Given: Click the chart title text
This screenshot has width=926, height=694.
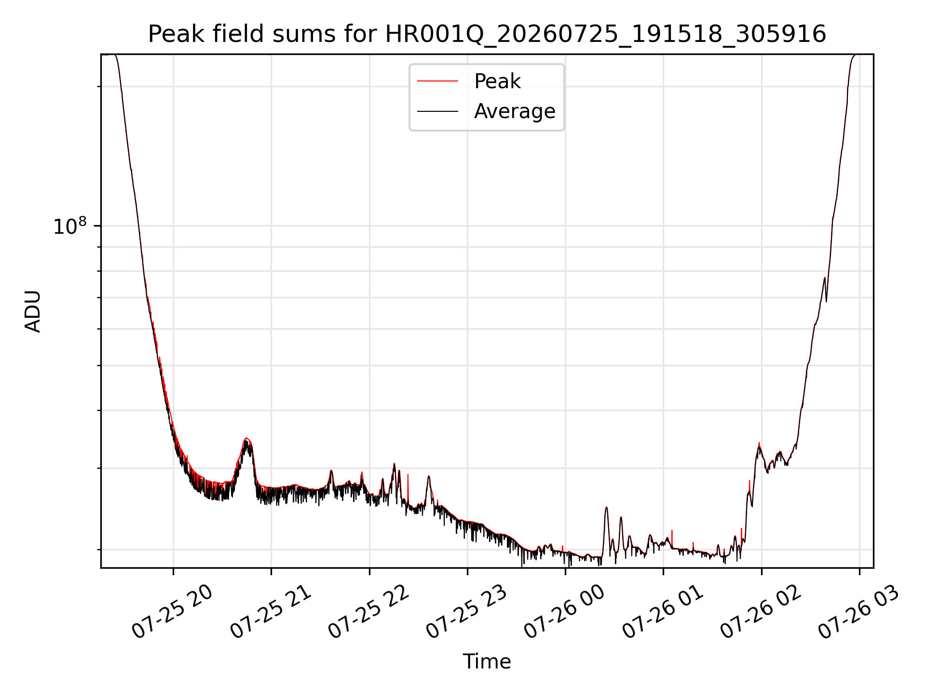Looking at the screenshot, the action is pos(487,34).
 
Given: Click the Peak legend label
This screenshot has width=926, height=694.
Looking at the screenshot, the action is pos(497,81).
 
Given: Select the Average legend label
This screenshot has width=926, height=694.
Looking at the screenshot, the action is pos(515,111).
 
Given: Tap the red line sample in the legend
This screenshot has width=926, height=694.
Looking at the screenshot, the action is pos(437,81).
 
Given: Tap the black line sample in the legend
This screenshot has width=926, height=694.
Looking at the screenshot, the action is pos(437,111).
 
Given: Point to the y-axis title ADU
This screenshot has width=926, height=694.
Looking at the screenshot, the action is pos(33,311).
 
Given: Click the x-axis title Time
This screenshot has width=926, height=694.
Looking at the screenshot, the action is pos(487,662).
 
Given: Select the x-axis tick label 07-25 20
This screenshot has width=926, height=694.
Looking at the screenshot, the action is pos(172,612).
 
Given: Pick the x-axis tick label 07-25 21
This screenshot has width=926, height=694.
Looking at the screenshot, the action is pos(271,612).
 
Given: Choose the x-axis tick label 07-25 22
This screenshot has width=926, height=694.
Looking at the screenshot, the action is pos(369,612).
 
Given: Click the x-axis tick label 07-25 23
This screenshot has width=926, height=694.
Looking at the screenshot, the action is pos(467,612).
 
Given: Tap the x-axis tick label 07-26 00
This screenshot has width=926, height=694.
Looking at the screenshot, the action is pos(565,612).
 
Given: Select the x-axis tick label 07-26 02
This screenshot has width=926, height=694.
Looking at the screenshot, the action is pos(761,612).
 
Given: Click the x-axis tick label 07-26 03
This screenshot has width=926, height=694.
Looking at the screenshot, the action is pos(859,612).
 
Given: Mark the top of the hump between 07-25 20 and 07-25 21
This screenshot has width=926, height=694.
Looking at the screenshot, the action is pos(246,438).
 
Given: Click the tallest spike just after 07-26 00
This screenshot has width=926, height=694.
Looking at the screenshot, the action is pos(606,507).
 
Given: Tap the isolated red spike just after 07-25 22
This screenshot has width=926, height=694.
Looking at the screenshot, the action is pos(408,475).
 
